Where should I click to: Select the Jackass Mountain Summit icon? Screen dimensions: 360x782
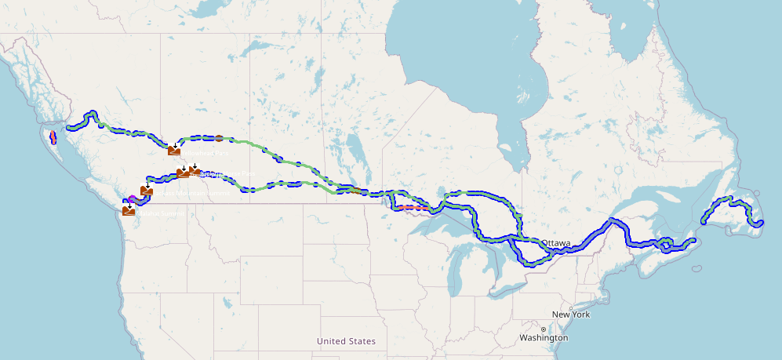tap(147, 191)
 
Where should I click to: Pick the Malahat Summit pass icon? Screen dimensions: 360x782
tap(129, 210)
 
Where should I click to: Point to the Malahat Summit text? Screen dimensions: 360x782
tap(162, 213)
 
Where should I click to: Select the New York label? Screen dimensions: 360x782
tap(570, 315)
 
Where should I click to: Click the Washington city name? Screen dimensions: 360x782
tap(544, 337)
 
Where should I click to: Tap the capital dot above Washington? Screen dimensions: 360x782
tap(543, 329)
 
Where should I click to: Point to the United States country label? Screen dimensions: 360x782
tap(346, 341)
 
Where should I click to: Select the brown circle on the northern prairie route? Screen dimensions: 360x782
tap(220, 138)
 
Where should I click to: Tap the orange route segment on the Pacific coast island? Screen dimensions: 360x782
tap(53, 138)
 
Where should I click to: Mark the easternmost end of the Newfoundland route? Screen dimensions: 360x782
tap(761, 223)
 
